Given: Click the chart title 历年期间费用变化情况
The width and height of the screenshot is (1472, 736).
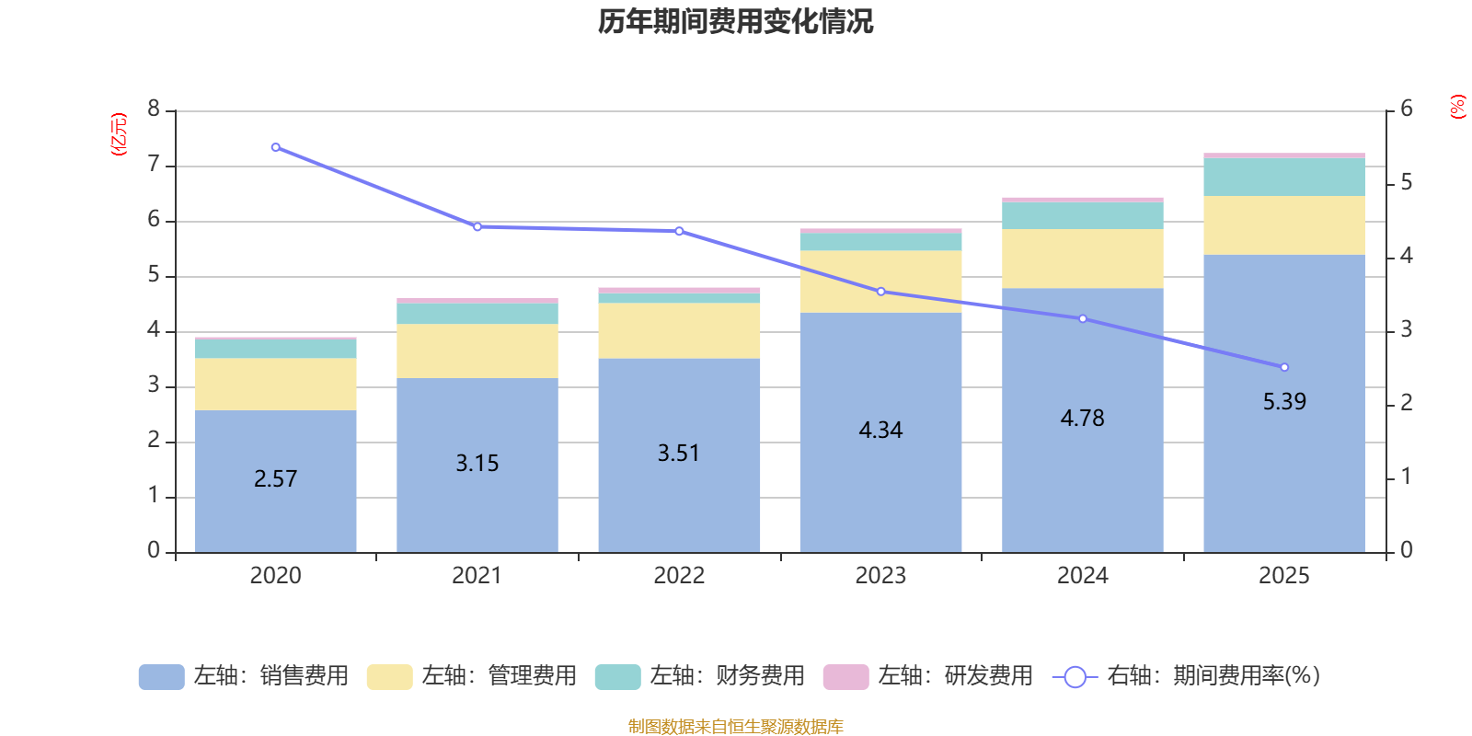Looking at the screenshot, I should point(735,21).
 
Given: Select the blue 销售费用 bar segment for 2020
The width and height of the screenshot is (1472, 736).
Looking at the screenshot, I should point(275,515).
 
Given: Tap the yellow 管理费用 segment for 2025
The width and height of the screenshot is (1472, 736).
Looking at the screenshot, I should point(1283,225).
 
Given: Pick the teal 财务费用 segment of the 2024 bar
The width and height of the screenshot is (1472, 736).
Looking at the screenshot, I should point(1082,215).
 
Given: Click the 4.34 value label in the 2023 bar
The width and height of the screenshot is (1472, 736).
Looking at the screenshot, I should point(880,430).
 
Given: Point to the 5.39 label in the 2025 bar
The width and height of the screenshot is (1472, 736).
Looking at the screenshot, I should point(1283,401).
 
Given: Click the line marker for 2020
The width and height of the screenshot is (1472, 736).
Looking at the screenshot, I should point(275,147).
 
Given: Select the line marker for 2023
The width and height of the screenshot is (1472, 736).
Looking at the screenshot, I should point(880,292).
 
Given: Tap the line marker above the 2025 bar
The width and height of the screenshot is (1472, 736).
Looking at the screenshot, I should point(1284,367).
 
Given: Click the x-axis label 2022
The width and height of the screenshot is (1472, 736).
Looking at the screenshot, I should point(679,575).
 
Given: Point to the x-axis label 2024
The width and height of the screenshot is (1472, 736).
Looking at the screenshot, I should point(1082,575).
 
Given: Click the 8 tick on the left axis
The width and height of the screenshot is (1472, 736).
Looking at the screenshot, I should point(154,109).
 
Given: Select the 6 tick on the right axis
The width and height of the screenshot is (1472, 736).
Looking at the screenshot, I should point(1406,109).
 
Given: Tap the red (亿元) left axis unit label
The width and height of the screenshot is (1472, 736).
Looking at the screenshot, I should point(118,134).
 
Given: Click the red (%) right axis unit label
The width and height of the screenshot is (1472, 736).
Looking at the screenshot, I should point(1457,107).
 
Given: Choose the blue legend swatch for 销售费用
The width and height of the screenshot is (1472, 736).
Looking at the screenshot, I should point(161,676).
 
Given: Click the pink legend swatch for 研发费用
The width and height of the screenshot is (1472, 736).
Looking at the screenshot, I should point(845,676).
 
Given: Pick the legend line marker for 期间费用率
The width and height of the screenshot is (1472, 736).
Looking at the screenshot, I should point(1075,677).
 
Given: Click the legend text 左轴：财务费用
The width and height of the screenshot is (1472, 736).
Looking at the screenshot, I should point(727,676).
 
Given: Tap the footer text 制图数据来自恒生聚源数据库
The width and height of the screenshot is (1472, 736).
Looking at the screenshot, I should point(735,726).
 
